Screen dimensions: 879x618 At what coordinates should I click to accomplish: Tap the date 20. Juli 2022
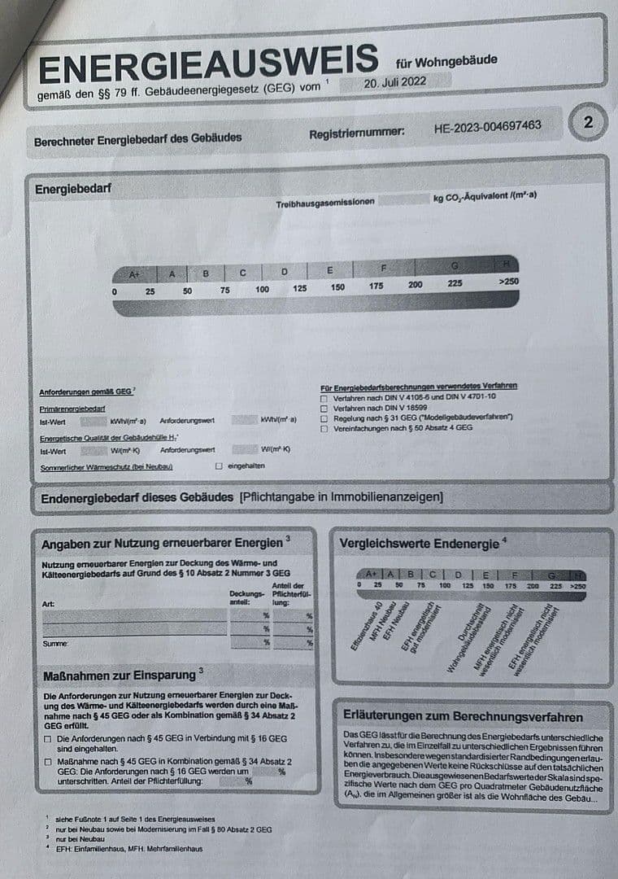pos(395,82)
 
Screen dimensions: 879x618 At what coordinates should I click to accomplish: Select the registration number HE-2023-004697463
pos(488,127)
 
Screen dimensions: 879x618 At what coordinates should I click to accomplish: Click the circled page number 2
pos(588,123)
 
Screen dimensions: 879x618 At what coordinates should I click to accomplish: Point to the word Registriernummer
pos(356,133)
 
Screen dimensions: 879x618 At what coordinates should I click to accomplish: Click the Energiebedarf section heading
pos(73,190)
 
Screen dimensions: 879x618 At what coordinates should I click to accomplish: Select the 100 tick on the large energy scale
pos(262,290)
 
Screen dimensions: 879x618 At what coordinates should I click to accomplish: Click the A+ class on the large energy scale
pos(135,274)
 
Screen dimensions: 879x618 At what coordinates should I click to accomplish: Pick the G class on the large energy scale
pos(455,265)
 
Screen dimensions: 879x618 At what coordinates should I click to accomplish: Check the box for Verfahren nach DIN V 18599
pos(324,407)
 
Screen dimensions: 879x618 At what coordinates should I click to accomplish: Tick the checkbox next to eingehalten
pos(218,466)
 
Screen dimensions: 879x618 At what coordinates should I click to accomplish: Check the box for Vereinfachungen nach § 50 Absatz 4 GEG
pos(324,427)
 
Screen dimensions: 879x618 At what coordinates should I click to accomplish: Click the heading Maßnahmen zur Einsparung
pos(119,675)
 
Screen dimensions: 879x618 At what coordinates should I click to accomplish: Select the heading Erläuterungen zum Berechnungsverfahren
pos(463,717)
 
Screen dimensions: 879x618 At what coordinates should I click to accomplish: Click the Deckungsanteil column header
pos(248,597)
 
